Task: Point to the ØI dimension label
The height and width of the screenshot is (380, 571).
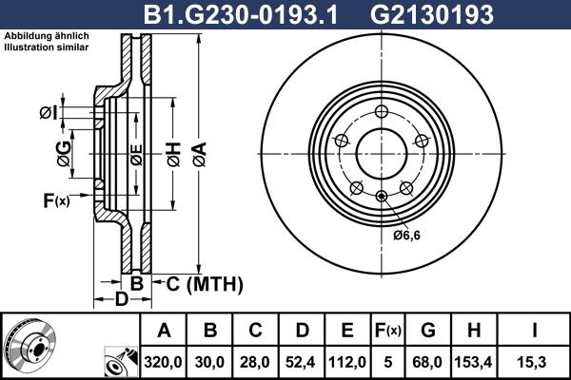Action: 49,114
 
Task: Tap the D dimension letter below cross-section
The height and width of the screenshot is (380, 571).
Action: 122,301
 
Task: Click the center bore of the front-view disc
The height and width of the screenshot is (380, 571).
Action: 381,152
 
